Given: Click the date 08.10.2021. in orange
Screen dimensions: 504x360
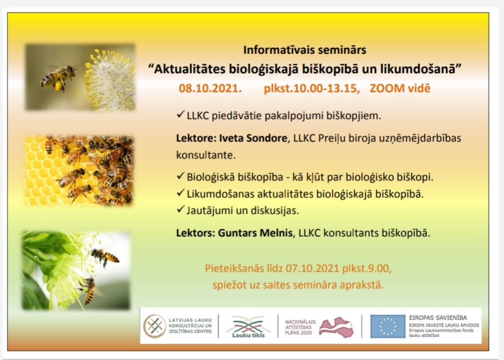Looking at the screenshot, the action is click(210, 88).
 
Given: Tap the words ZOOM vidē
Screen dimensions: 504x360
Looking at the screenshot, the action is click(400, 88).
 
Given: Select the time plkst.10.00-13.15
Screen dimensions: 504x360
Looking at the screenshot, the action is click(312, 88).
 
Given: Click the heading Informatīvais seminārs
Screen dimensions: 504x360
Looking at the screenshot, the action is click(305, 50).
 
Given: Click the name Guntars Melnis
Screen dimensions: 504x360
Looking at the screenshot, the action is click(256, 233).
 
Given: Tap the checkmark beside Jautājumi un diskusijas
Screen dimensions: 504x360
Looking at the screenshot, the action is click(180, 209).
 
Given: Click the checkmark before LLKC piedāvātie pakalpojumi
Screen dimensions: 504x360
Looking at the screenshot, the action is click(180, 114).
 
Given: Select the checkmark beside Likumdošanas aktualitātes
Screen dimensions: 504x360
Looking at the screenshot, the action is click(180, 193).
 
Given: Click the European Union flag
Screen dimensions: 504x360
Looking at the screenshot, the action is click(388, 326).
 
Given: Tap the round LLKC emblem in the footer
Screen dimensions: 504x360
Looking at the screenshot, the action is click(155, 326).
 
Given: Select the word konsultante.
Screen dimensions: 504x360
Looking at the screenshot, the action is click(206, 155).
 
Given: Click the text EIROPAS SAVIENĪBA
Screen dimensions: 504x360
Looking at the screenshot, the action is click(438, 318).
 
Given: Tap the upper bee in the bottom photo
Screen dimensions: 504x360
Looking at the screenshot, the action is click(105, 256).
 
